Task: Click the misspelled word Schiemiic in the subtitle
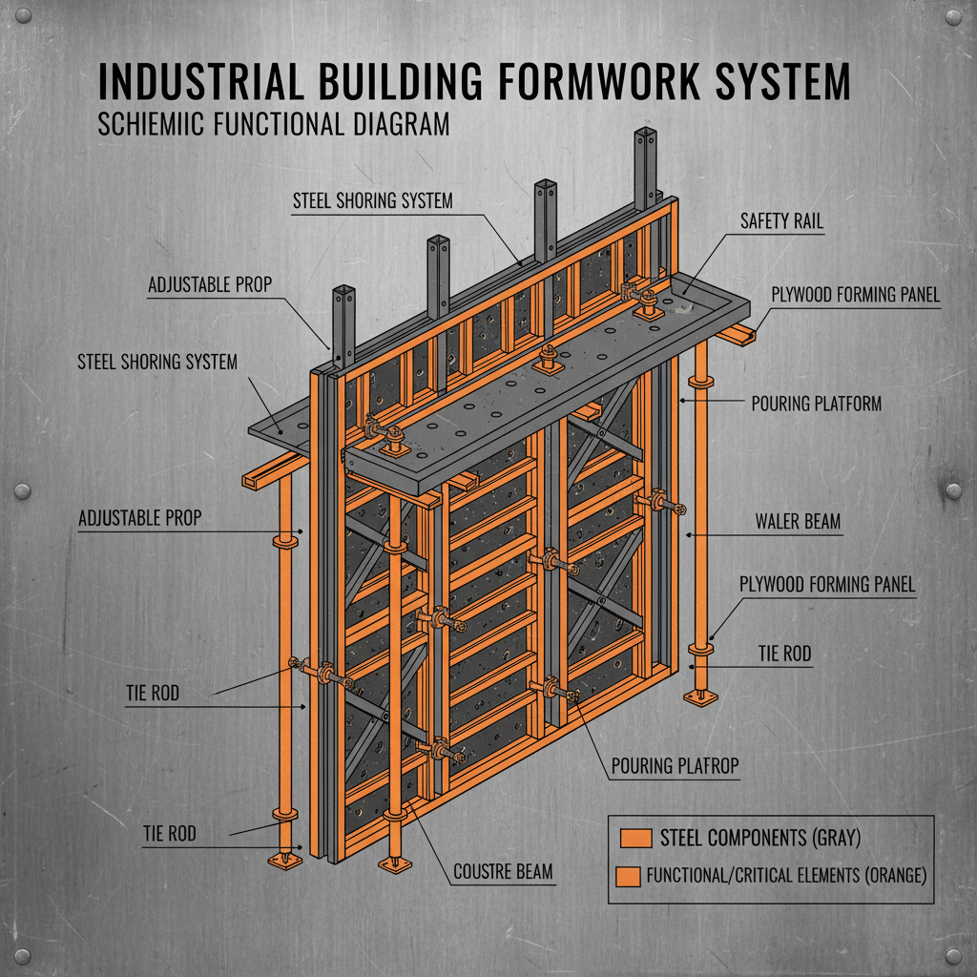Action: click(157, 125)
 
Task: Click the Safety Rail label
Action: click(781, 221)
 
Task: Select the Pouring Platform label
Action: click(816, 404)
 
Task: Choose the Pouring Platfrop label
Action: click(674, 764)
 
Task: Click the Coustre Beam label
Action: click(502, 871)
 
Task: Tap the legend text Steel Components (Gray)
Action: click(760, 838)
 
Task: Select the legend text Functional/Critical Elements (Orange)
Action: click(786, 874)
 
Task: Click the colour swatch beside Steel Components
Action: click(634, 838)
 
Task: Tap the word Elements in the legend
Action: click(809, 874)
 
